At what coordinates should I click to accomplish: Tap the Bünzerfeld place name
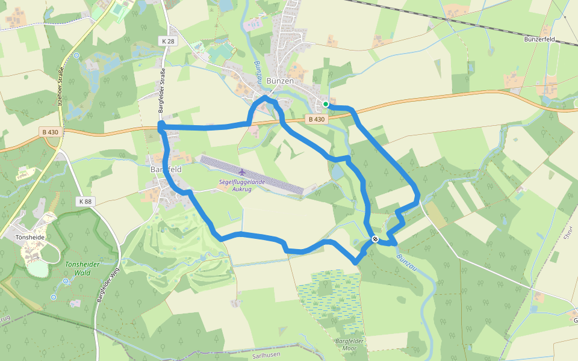(x=556, y=40)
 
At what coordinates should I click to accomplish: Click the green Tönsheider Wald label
(x=82, y=268)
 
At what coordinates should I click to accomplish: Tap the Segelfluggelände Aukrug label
(x=243, y=185)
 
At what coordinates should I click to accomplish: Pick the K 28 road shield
(x=168, y=41)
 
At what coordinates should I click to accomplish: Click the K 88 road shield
(x=85, y=201)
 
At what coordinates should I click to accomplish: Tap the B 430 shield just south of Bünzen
(x=316, y=120)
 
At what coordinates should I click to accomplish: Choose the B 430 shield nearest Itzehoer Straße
(x=51, y=131)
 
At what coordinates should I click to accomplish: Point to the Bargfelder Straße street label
(x=161, y=92)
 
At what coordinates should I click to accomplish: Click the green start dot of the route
(x=326, y=104)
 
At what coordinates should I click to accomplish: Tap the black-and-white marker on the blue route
(x=374, y=239)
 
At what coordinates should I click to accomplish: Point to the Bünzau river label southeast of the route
(x=406, y=262)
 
